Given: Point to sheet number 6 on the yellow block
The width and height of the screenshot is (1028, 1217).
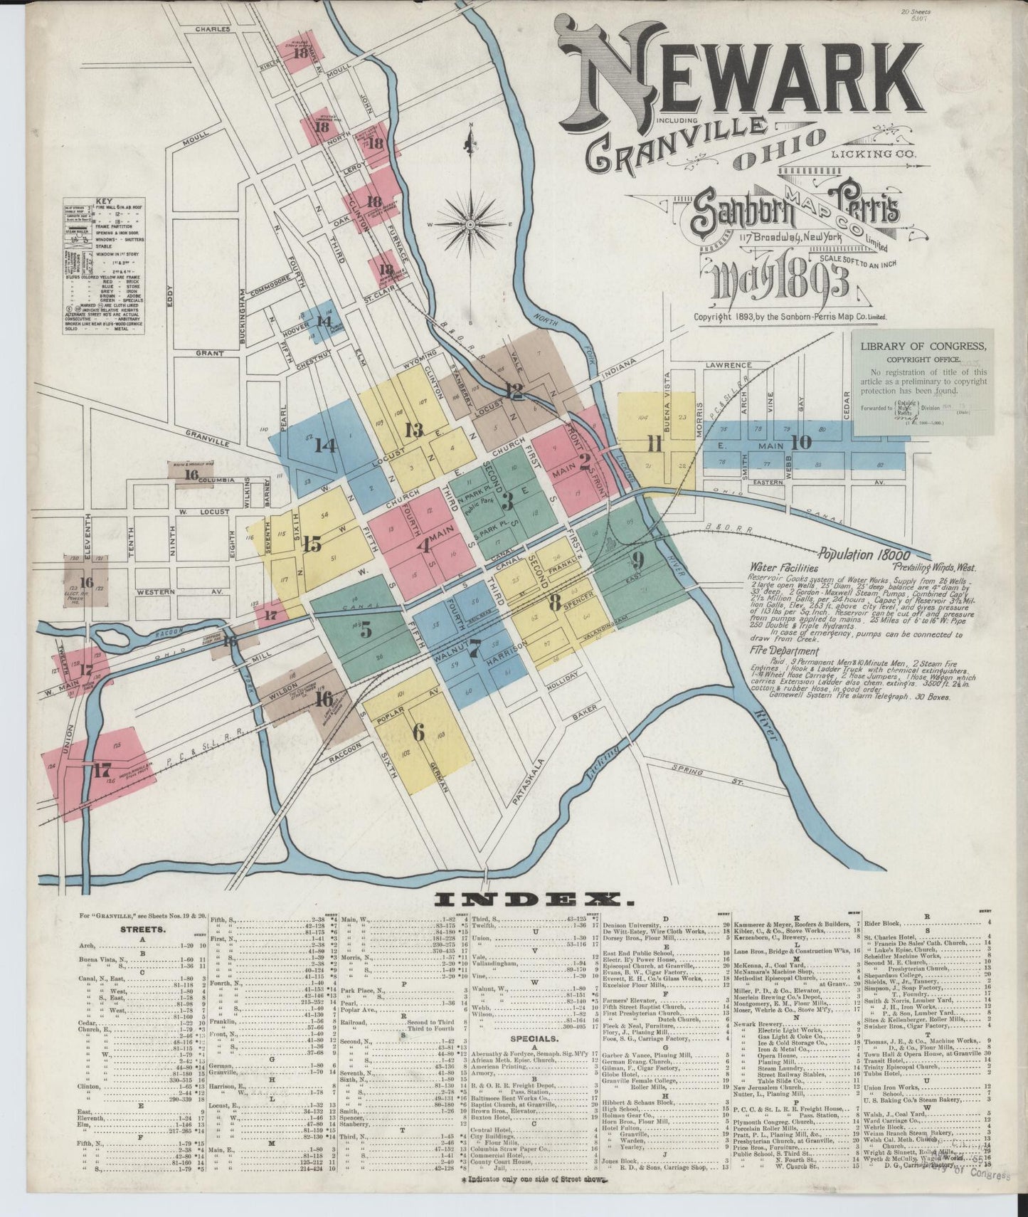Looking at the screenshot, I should pos(418,731).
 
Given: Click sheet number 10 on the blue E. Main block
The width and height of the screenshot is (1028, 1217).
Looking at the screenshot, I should pos(801,442).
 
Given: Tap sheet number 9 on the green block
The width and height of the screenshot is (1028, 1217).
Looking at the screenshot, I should pos(637,557).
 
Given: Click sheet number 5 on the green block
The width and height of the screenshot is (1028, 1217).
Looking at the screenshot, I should pos(365,630).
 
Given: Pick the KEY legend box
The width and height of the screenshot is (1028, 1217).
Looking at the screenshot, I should pos(103,267).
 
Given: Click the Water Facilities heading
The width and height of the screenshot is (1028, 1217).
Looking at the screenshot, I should pos(783,569).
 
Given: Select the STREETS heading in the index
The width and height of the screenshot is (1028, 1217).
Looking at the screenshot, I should pos(144,929).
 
